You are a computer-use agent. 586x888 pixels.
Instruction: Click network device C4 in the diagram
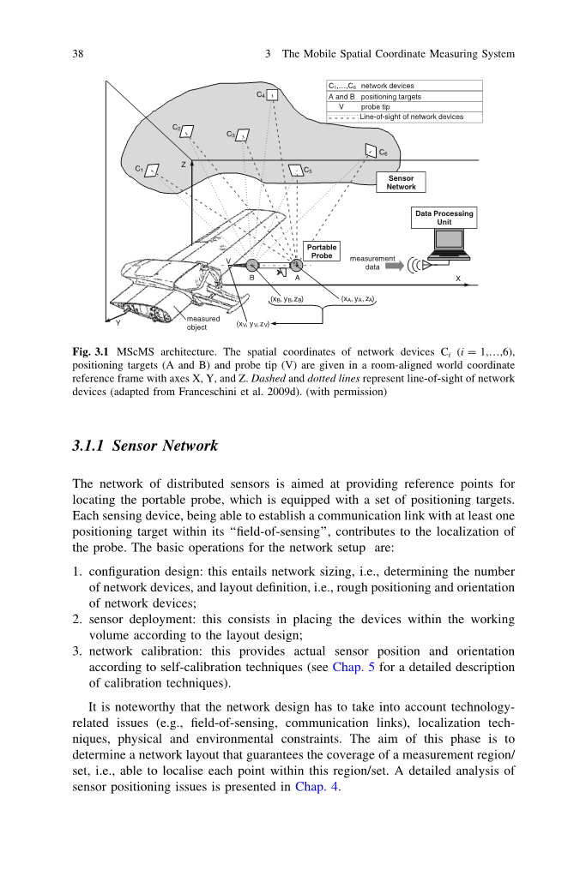[273, 95]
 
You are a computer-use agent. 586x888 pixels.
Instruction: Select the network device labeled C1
[152, 170]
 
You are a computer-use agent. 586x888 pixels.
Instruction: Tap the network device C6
[370, 152]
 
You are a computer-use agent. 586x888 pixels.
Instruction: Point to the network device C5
[295, 171]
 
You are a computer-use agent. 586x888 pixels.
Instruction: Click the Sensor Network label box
[401, 183]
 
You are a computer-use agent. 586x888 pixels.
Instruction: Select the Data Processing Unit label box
[444, 218]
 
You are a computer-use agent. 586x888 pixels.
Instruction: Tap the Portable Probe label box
[322, 251]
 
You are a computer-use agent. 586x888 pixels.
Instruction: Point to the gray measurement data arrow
[393, 267]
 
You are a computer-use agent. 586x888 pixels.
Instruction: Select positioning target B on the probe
[252, 266]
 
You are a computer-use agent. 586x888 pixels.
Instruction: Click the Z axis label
[183, 164]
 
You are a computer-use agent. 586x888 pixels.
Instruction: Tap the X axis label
[457, 279]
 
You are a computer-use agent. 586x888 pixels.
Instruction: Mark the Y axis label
[118, 323]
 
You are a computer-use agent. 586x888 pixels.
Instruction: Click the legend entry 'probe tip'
[376, 107]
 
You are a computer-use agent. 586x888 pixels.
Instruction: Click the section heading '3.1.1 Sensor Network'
[146, 446]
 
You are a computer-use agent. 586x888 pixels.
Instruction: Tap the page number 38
[77, 54]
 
